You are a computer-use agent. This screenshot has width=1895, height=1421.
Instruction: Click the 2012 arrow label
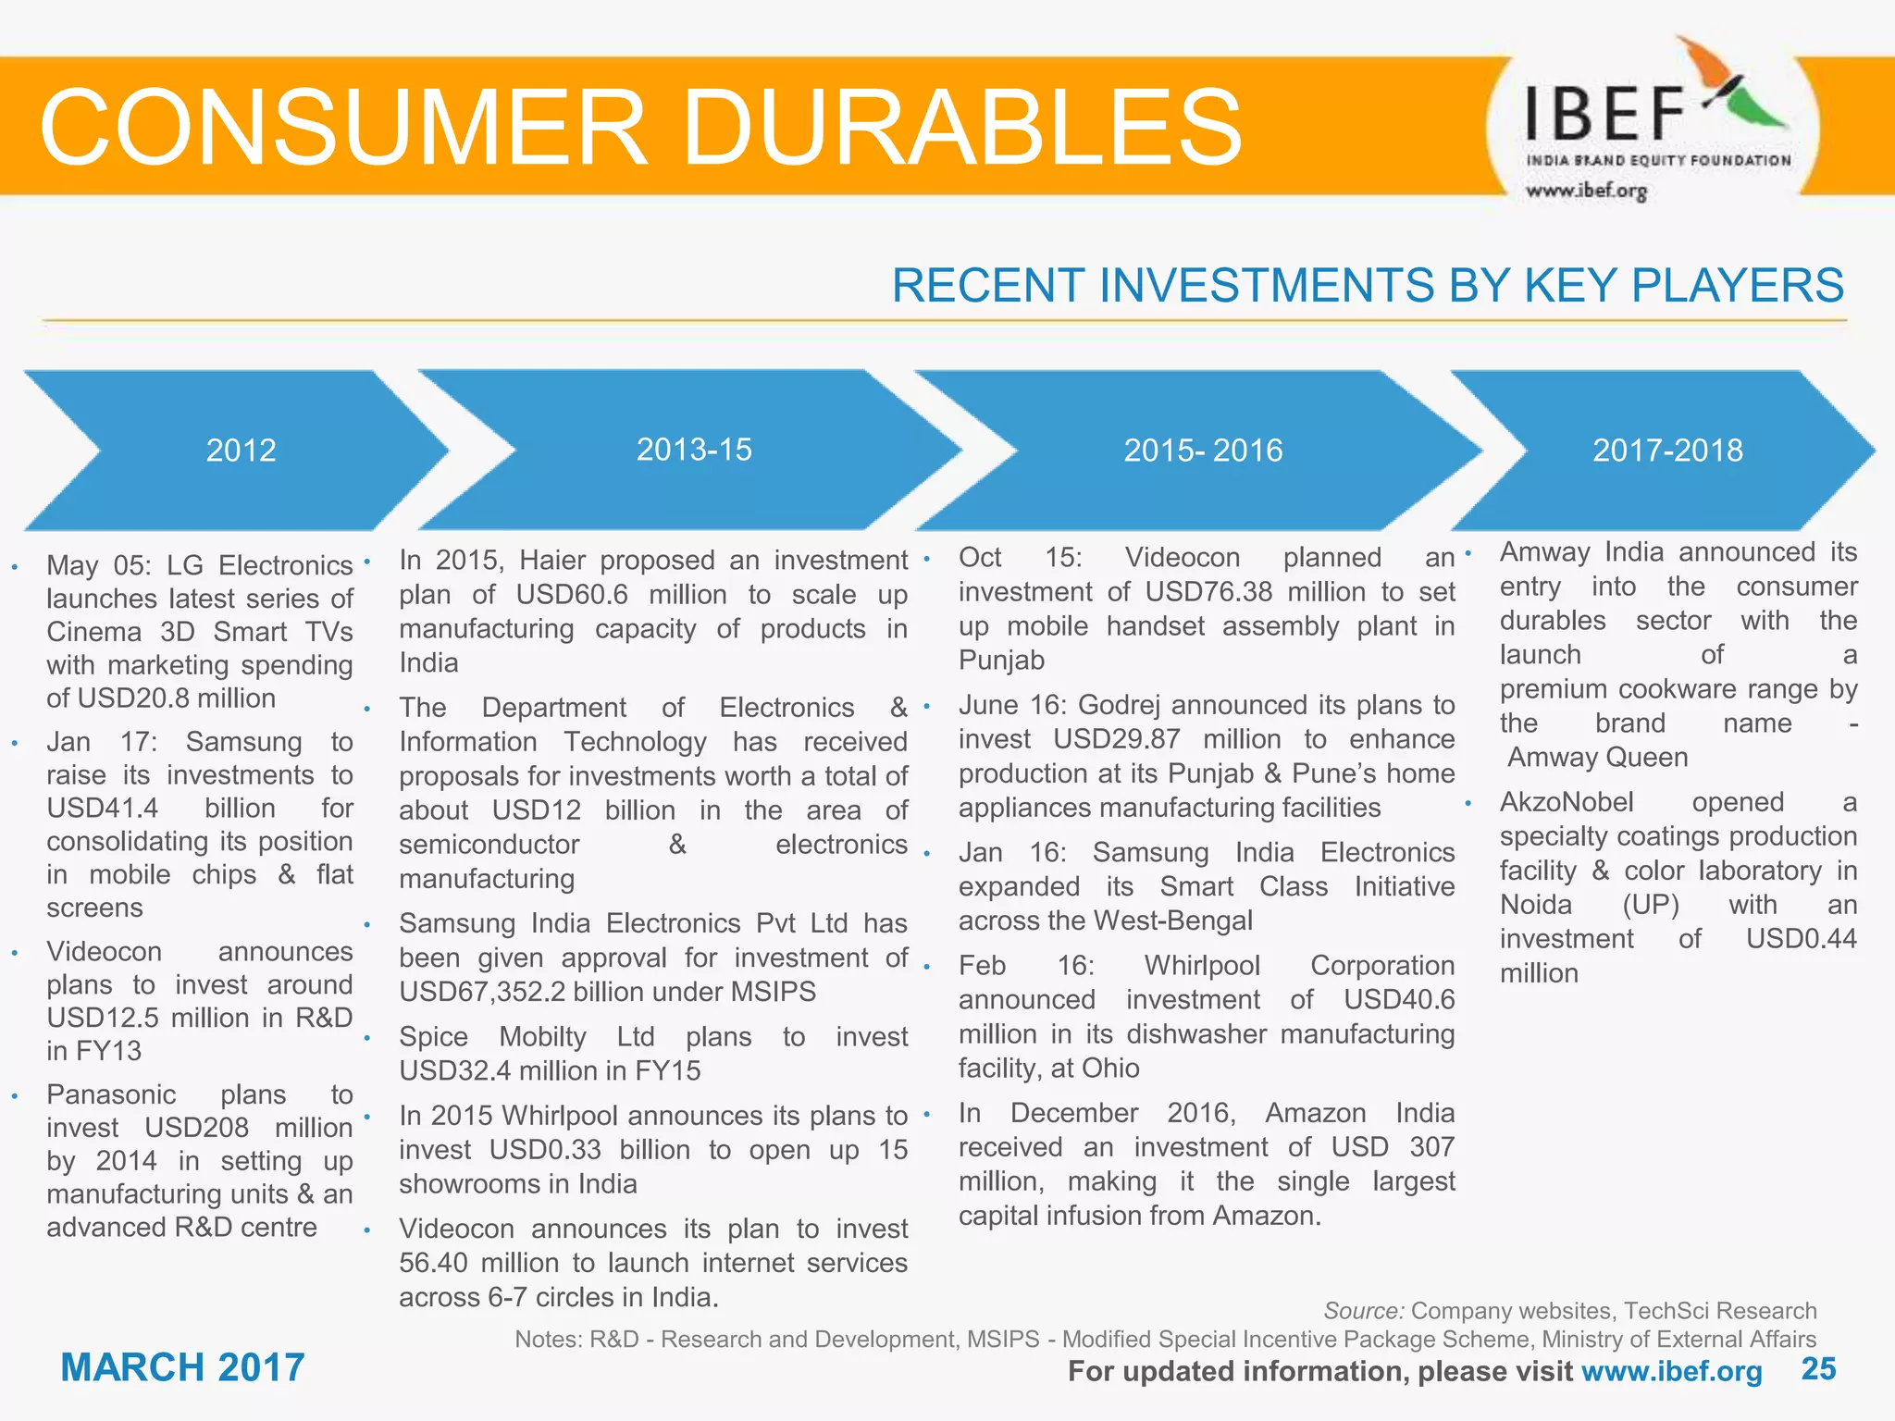click(x=241, y=451)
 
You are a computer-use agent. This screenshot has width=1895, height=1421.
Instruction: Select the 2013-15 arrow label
click(x=694, y=450)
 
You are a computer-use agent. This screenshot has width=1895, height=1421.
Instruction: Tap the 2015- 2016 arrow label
click(x=1203, y=451)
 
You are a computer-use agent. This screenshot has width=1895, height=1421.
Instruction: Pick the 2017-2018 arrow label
click(x=1667, y=451)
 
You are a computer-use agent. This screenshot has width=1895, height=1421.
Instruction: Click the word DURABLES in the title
click(x=962, y=128)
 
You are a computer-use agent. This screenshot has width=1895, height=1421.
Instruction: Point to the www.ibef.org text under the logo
click(x=1586, y=191)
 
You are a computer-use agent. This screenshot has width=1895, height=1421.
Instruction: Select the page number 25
click(x=1818, y=1369)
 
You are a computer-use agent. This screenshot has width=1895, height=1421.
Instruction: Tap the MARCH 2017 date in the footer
click(x=182, y=1367)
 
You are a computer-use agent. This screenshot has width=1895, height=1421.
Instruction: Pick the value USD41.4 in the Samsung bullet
click(x=103, y=809)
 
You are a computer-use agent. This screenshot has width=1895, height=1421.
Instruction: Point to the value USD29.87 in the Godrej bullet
click(x=1117, y=739)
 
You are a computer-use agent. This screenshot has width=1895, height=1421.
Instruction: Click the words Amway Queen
click(x=1598, y=758)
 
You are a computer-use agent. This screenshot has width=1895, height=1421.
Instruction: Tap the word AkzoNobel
click(x=1567, y=802)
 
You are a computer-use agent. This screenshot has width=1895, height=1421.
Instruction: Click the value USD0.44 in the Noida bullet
click(x=1801, y=939)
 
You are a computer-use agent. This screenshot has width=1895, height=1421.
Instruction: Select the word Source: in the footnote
click(x=1364, y=1311)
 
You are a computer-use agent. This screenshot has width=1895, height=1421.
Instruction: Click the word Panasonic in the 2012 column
click(x=111, y=1094)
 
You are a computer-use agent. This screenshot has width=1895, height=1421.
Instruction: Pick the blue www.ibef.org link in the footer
click(x=1671, y=1371)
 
